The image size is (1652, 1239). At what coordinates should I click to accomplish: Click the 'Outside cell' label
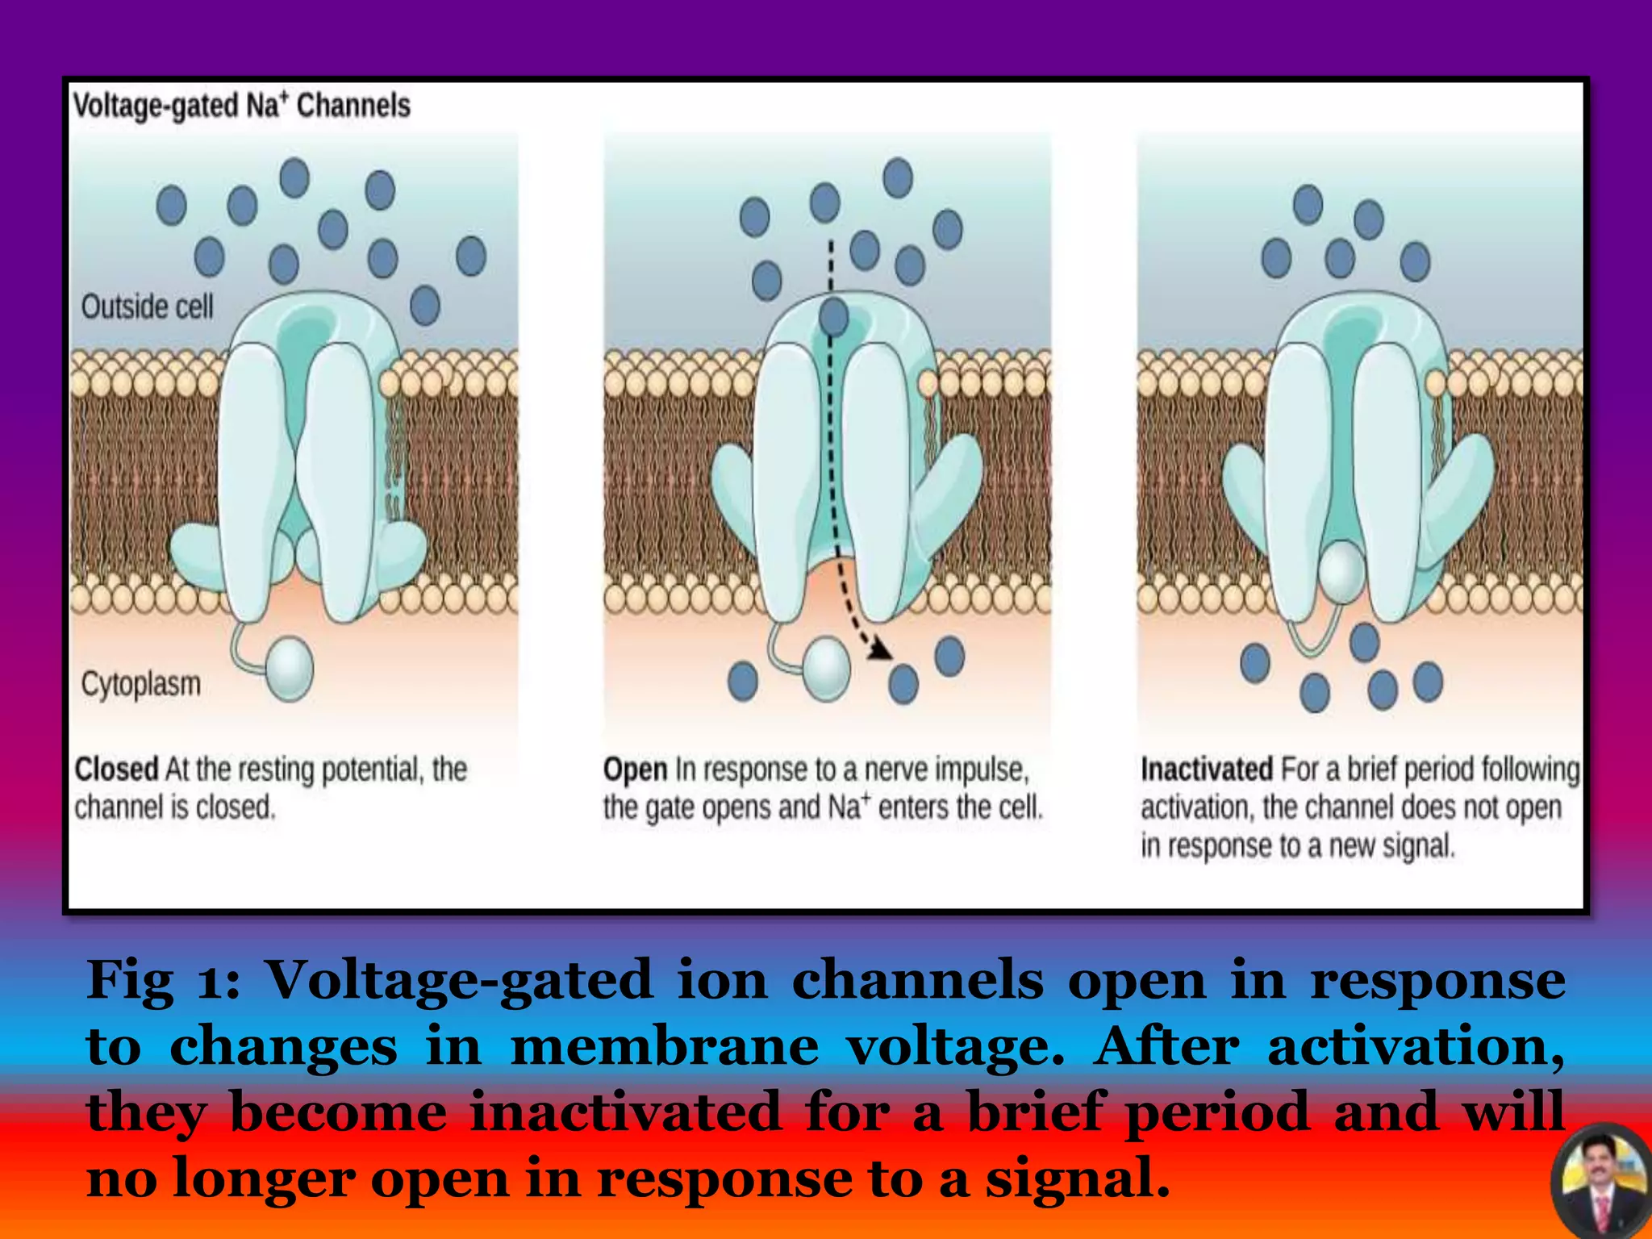click(147, 307)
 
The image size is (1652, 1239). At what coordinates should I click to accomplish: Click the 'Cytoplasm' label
click(140, 684)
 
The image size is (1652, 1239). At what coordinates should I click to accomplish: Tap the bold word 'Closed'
click(116, 769)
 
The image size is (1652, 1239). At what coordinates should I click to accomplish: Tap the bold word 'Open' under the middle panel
click(635, 770)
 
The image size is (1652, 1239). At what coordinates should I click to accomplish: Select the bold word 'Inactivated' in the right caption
click(1206, 769)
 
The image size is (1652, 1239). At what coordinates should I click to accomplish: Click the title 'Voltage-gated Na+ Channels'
click(241, 106)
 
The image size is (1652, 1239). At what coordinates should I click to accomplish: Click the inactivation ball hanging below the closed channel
click(289, 668)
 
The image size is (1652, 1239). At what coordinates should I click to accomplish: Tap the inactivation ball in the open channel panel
click(826, 668)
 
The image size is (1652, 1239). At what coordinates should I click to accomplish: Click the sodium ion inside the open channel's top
click(834, 316)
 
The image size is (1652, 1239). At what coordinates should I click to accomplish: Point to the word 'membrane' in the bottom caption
click(665, 1046)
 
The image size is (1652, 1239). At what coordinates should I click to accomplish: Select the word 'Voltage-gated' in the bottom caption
click(458, 981)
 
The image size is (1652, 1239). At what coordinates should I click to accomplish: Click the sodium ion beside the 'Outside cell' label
click(425, 306)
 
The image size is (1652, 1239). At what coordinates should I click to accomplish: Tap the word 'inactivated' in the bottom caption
click(626, 1112)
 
